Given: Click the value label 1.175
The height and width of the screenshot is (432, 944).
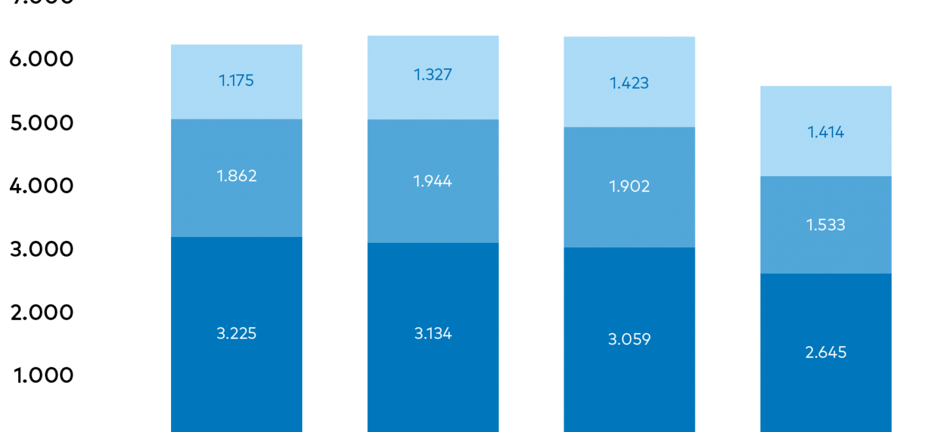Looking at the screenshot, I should [x=236, y=80].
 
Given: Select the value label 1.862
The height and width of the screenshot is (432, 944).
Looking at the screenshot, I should [x=236, y=176].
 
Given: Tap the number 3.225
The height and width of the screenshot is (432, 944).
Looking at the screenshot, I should [x=236, y=333].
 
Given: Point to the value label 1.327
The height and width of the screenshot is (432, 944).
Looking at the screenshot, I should [x=433, y=75].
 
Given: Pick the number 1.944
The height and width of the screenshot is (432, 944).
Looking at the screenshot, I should [x=433, y=181].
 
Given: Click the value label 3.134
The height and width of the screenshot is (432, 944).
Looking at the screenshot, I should [x=433, y=333].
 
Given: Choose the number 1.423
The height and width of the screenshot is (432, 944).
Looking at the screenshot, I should [x=629, y=83].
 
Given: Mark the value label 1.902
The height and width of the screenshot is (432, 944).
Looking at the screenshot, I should [x=629, y=186].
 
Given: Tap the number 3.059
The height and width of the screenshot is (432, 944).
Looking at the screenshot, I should [x=629, y=339].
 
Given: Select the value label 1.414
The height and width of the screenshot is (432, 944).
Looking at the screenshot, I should [x=825, y=132].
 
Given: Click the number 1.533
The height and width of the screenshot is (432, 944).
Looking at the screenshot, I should [x=825, y=225].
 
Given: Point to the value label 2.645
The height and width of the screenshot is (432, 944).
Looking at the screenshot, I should [x=825, y=352].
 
